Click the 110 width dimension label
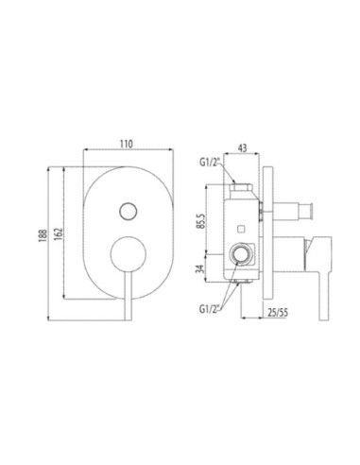[127, 144]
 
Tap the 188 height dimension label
[43, 235]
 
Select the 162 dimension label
[59, 233]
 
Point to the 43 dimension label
[242, 147]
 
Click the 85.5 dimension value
[202, 221]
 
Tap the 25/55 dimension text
[278, 312]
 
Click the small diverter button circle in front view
[129, 211]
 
